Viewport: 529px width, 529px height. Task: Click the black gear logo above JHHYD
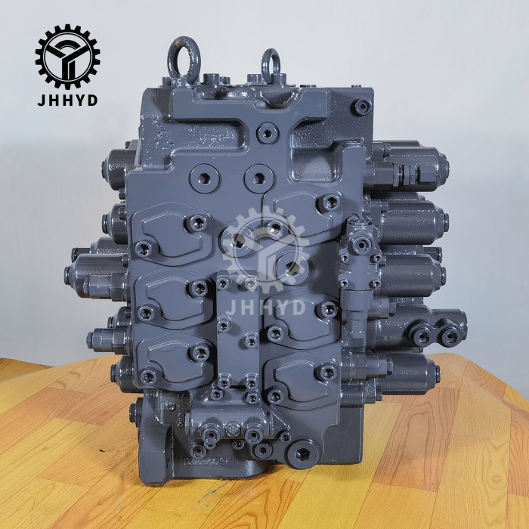click(67, 55)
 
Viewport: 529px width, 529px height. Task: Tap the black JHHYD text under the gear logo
click(67, 101)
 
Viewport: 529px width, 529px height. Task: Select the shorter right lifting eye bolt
click(271, 63)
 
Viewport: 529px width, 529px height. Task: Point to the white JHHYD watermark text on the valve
click(264, 306)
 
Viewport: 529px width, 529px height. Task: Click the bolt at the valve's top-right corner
click(363, 106)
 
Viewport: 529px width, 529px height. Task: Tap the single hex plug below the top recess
click(266, 134)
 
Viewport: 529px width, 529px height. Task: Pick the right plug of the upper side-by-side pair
click(259, 179)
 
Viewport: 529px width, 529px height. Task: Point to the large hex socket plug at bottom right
click(307, 456)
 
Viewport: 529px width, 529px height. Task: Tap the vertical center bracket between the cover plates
click(235, 325)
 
